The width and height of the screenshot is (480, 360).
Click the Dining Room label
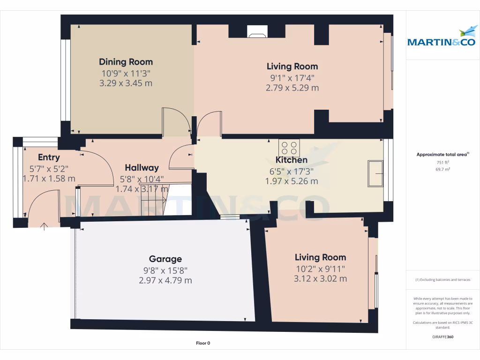[x=126, y=62]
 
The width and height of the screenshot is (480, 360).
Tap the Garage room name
[x=165, y=259]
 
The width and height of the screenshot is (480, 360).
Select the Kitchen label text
[x=292, y=160]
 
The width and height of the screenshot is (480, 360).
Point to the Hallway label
[x=142, y=168]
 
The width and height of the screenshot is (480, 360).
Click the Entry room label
[x=49, y=157]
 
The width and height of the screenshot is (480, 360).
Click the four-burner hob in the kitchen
[x=289, y=148]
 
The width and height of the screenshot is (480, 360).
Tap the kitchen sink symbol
[x=375, y=173]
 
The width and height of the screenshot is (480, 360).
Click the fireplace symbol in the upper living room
[x=257, y=31]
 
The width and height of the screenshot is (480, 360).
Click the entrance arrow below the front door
[x=44, y=226]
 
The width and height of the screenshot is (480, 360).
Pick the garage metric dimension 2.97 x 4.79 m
[x=165, y=280]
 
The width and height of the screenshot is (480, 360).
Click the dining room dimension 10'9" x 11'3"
[x=126, y=74]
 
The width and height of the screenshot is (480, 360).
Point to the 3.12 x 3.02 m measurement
[x=321, y=278]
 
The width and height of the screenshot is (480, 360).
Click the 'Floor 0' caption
[x=203, y=343]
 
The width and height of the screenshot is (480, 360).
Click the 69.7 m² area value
[x=443, y=169]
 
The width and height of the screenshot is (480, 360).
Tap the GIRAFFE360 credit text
[x=443, y=337]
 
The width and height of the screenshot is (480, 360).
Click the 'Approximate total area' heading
[x=442, y=154]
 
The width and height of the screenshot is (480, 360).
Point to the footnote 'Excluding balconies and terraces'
[x=442, y=280]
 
